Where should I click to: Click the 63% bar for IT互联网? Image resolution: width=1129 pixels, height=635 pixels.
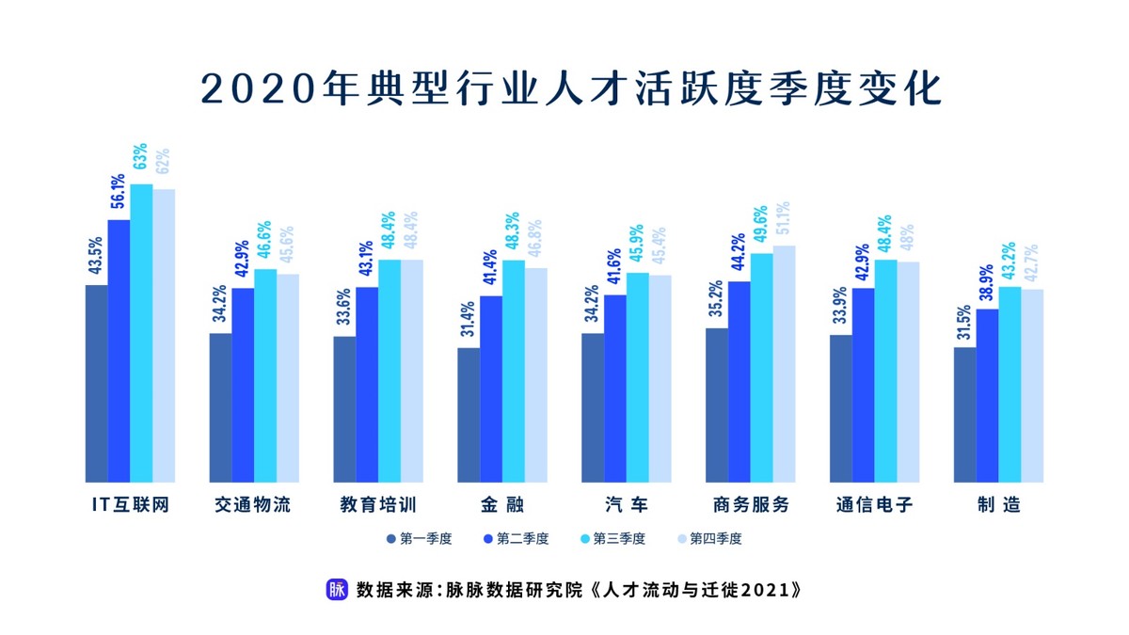[x=141, y=333]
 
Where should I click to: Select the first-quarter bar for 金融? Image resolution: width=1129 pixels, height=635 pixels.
[x=469, y=415]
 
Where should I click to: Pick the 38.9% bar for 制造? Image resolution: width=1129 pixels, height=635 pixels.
[x=987, y=395]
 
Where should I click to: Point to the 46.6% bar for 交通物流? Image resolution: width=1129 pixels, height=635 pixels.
[x=265, y=375]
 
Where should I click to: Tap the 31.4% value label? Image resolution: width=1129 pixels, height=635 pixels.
[x=469, y=322]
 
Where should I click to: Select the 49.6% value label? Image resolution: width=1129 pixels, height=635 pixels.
[x=761, y=227]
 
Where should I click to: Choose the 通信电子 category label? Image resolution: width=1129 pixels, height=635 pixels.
[x=874, y=505]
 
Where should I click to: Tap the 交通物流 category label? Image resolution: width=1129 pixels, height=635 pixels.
[x=253, y=505]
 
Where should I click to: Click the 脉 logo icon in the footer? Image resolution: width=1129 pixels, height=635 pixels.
[x=336, y=590]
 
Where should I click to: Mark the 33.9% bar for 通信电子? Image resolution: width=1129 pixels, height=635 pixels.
[x=840, y=408]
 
